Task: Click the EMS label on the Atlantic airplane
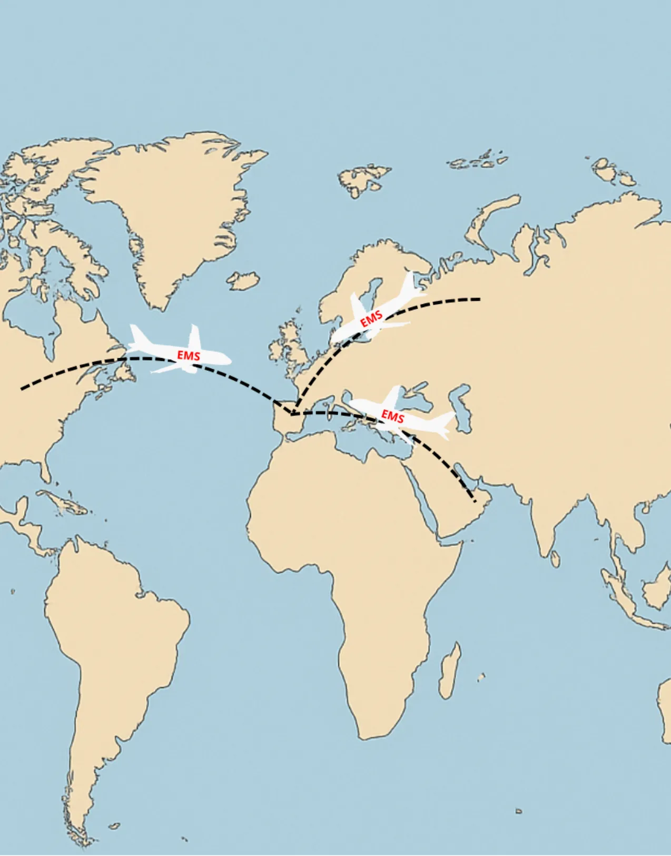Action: point(189,356)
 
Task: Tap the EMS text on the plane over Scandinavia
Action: point(371,318)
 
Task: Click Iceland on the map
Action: point(243,281)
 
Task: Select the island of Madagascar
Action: point(449,670)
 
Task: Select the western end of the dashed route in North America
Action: point(22,389)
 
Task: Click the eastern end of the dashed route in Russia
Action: point(479,299)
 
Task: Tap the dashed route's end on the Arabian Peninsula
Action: point(474,501)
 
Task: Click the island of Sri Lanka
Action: point(555,559)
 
